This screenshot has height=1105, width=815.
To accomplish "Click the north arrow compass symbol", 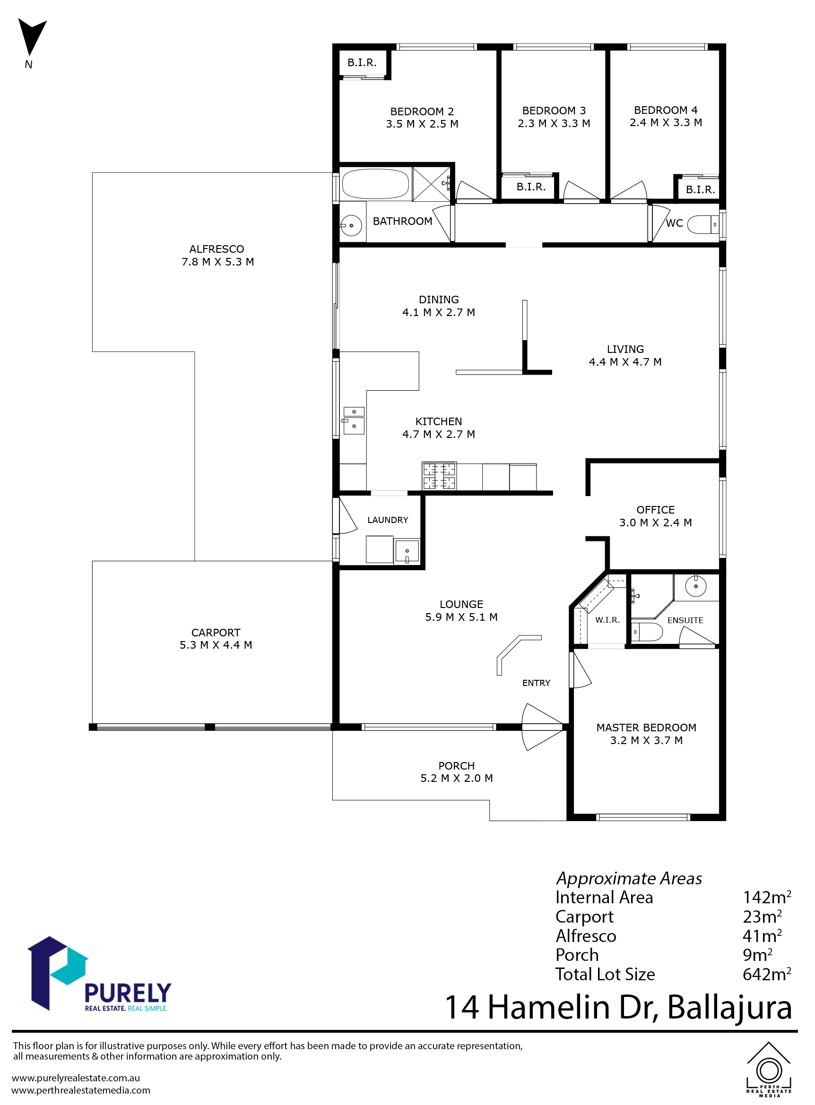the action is click(x=32, y=37).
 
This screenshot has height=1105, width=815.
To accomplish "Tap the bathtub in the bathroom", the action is click(x=375, y=184).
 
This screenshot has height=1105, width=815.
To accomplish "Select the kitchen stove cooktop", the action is click(x=439, y=475).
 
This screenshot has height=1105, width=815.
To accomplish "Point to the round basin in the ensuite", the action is click(x=695, y=586).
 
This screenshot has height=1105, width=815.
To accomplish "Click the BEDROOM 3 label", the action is click(x=554, y=111).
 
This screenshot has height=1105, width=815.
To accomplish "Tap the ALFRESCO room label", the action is click(x=217, y=249).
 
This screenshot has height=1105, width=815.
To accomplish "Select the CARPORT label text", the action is click(x=216, y=633).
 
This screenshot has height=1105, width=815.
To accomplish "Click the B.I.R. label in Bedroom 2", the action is click(x=362, y=63).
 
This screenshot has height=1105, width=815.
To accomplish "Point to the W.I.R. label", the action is click(x=607, y=620).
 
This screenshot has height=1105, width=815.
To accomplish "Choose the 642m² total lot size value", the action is click(x=767, y=974).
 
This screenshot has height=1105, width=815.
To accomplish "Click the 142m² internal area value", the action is click(x=767, y=897).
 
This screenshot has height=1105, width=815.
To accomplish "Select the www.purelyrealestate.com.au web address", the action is click(x=76, y=1079).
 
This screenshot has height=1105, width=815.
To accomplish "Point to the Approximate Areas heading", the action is click(x=629, y=878).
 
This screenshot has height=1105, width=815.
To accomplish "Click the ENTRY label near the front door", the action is click(x=536, y=683).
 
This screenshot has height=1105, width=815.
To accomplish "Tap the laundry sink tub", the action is click(x=407, y=551).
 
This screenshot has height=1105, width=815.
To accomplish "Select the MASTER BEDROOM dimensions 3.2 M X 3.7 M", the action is click(x=646, y=741).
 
